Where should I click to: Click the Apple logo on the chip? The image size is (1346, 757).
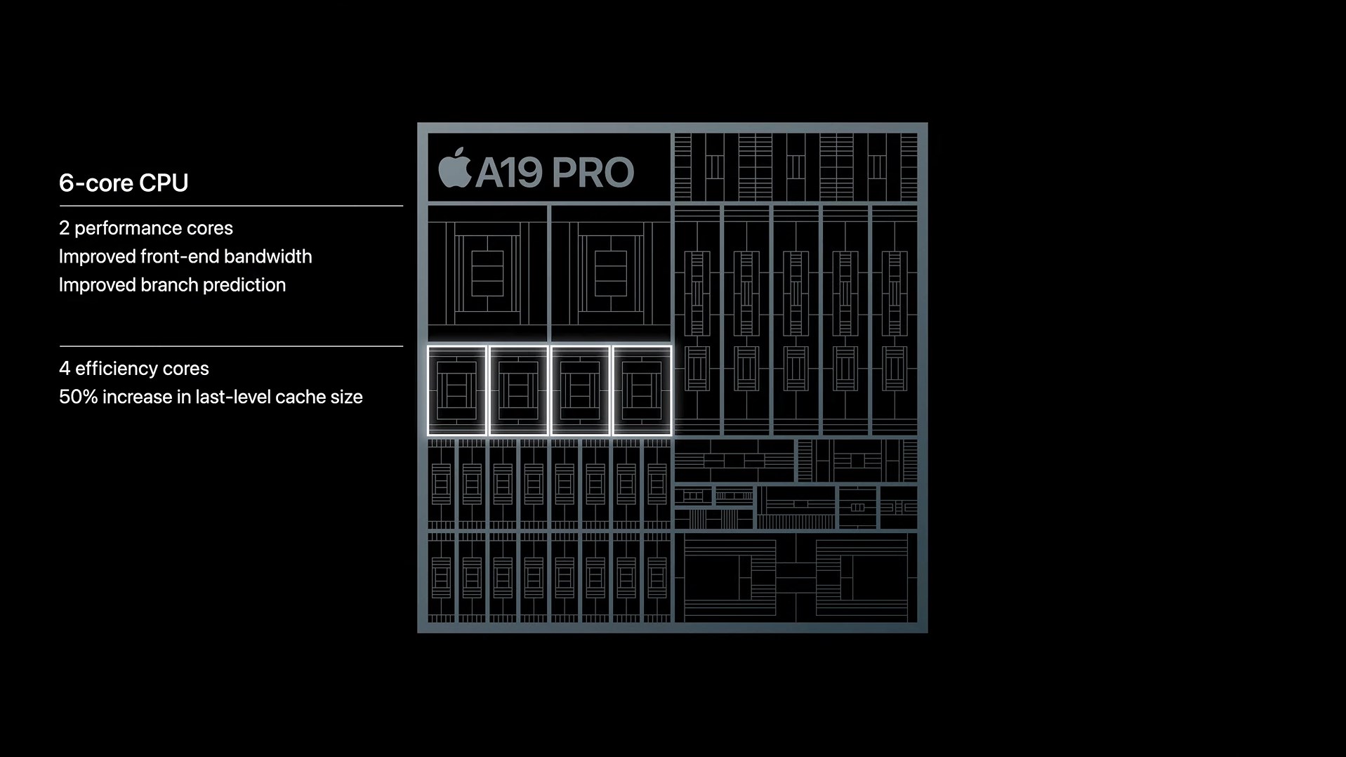point(454,169)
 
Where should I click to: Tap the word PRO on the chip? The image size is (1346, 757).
point(593,173)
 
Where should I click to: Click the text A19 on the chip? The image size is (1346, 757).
point(508,173)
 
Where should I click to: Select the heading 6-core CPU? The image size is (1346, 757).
point(124,183)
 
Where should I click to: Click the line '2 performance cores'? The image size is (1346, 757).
point(145,228)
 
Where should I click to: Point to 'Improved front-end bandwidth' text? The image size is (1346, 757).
point(185,256)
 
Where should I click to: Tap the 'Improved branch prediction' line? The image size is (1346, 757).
point(172,284)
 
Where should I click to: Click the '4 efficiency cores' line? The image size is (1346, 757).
point(133,369)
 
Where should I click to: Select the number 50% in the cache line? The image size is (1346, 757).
point(78,397)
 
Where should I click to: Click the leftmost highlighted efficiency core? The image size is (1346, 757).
point(457,390)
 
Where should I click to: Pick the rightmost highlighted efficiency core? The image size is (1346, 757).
point(642,390)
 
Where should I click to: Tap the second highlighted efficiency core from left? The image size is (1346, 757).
point(519,390)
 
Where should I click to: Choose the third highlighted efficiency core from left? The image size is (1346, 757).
point(580,390)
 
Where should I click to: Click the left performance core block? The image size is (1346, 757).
point(487,273)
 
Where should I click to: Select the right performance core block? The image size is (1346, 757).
point(610,273)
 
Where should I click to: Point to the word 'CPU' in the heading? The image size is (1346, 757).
point(164,183)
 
